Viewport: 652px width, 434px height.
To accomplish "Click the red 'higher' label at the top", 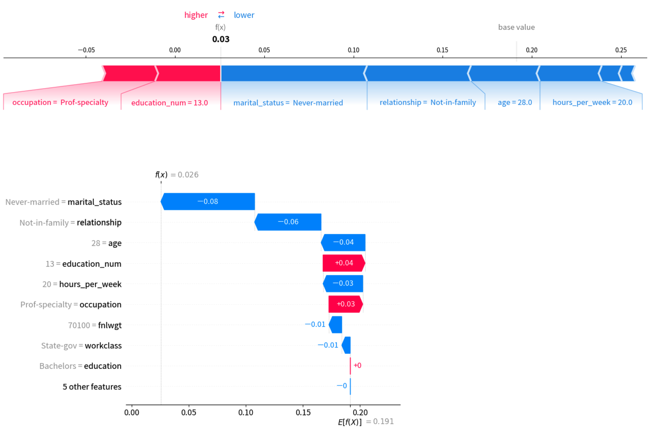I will [x=196, y=15].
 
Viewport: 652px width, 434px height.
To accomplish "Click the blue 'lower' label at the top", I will [x=244, y=15].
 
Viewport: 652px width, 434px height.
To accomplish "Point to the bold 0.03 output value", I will [x=221, y=39].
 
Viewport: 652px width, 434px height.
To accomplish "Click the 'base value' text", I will [x=516, y=27].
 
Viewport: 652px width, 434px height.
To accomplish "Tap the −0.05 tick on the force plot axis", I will [x=86, y=50].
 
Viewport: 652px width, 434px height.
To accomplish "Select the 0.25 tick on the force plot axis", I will [x=621, y=50].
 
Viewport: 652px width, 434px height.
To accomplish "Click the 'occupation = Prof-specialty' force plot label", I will [x=60, y=102].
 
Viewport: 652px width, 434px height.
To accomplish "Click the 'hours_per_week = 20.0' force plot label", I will [x=592, y=102].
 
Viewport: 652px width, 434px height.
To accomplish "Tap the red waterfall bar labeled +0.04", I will [x=344, y=263].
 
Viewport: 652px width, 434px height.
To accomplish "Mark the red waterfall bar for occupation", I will [x=345, y=304].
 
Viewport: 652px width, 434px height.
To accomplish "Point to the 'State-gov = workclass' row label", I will [x=81, y=345].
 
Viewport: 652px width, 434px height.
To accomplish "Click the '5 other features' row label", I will [x=92, y=387].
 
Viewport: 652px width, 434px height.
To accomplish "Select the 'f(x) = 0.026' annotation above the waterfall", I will [x=177, y=175].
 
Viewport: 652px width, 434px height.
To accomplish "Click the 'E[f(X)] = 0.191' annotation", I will [x=365, y=422].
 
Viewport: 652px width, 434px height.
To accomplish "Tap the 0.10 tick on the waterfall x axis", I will [x=245, y=413].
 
